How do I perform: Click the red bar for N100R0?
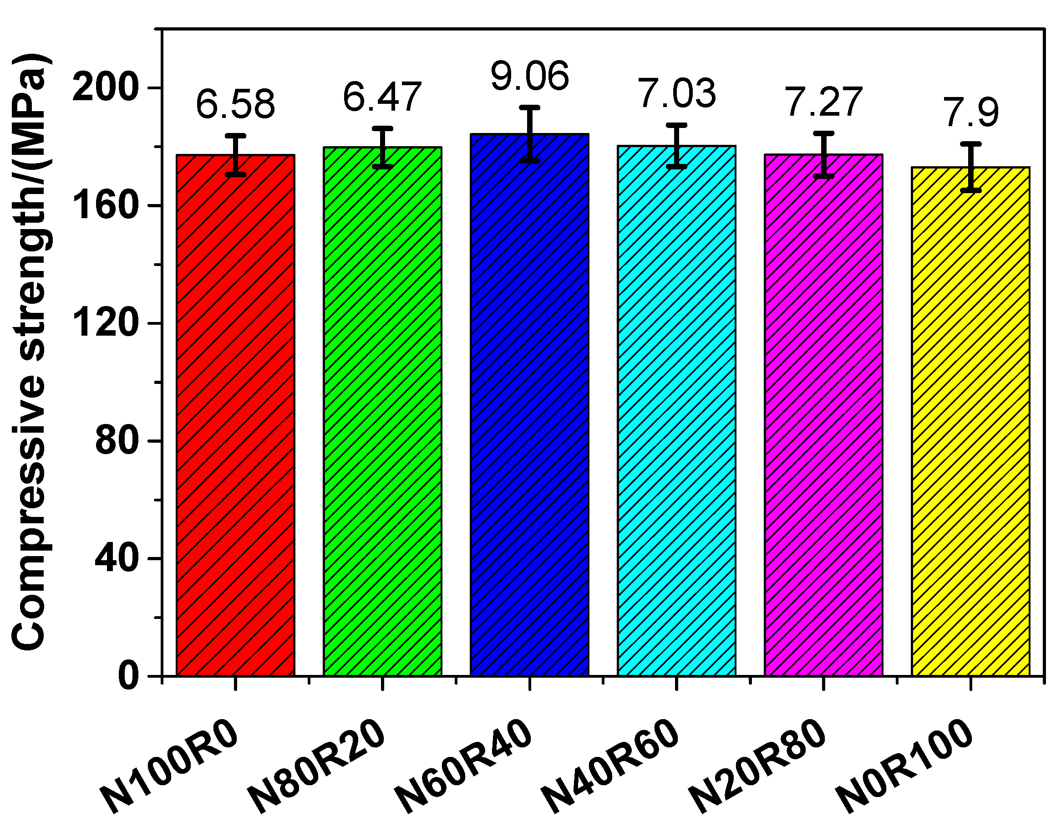235,417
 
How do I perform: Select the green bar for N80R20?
382,412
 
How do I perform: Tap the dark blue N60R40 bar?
529,407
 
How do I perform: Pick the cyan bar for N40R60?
676,412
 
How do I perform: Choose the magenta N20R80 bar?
824,417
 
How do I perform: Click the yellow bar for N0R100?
971,422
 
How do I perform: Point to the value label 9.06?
529,76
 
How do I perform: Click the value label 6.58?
235,104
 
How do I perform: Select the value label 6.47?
382,97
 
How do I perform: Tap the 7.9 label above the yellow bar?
971,112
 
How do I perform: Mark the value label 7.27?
824,102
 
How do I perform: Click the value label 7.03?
676,93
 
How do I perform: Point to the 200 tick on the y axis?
103,88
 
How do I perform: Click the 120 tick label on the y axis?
103,323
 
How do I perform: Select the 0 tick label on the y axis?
128,676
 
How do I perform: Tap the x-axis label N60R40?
463,766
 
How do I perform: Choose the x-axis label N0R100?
904,766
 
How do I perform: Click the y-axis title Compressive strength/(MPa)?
30,351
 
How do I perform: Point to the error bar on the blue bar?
529,133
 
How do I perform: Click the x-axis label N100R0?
169,766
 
